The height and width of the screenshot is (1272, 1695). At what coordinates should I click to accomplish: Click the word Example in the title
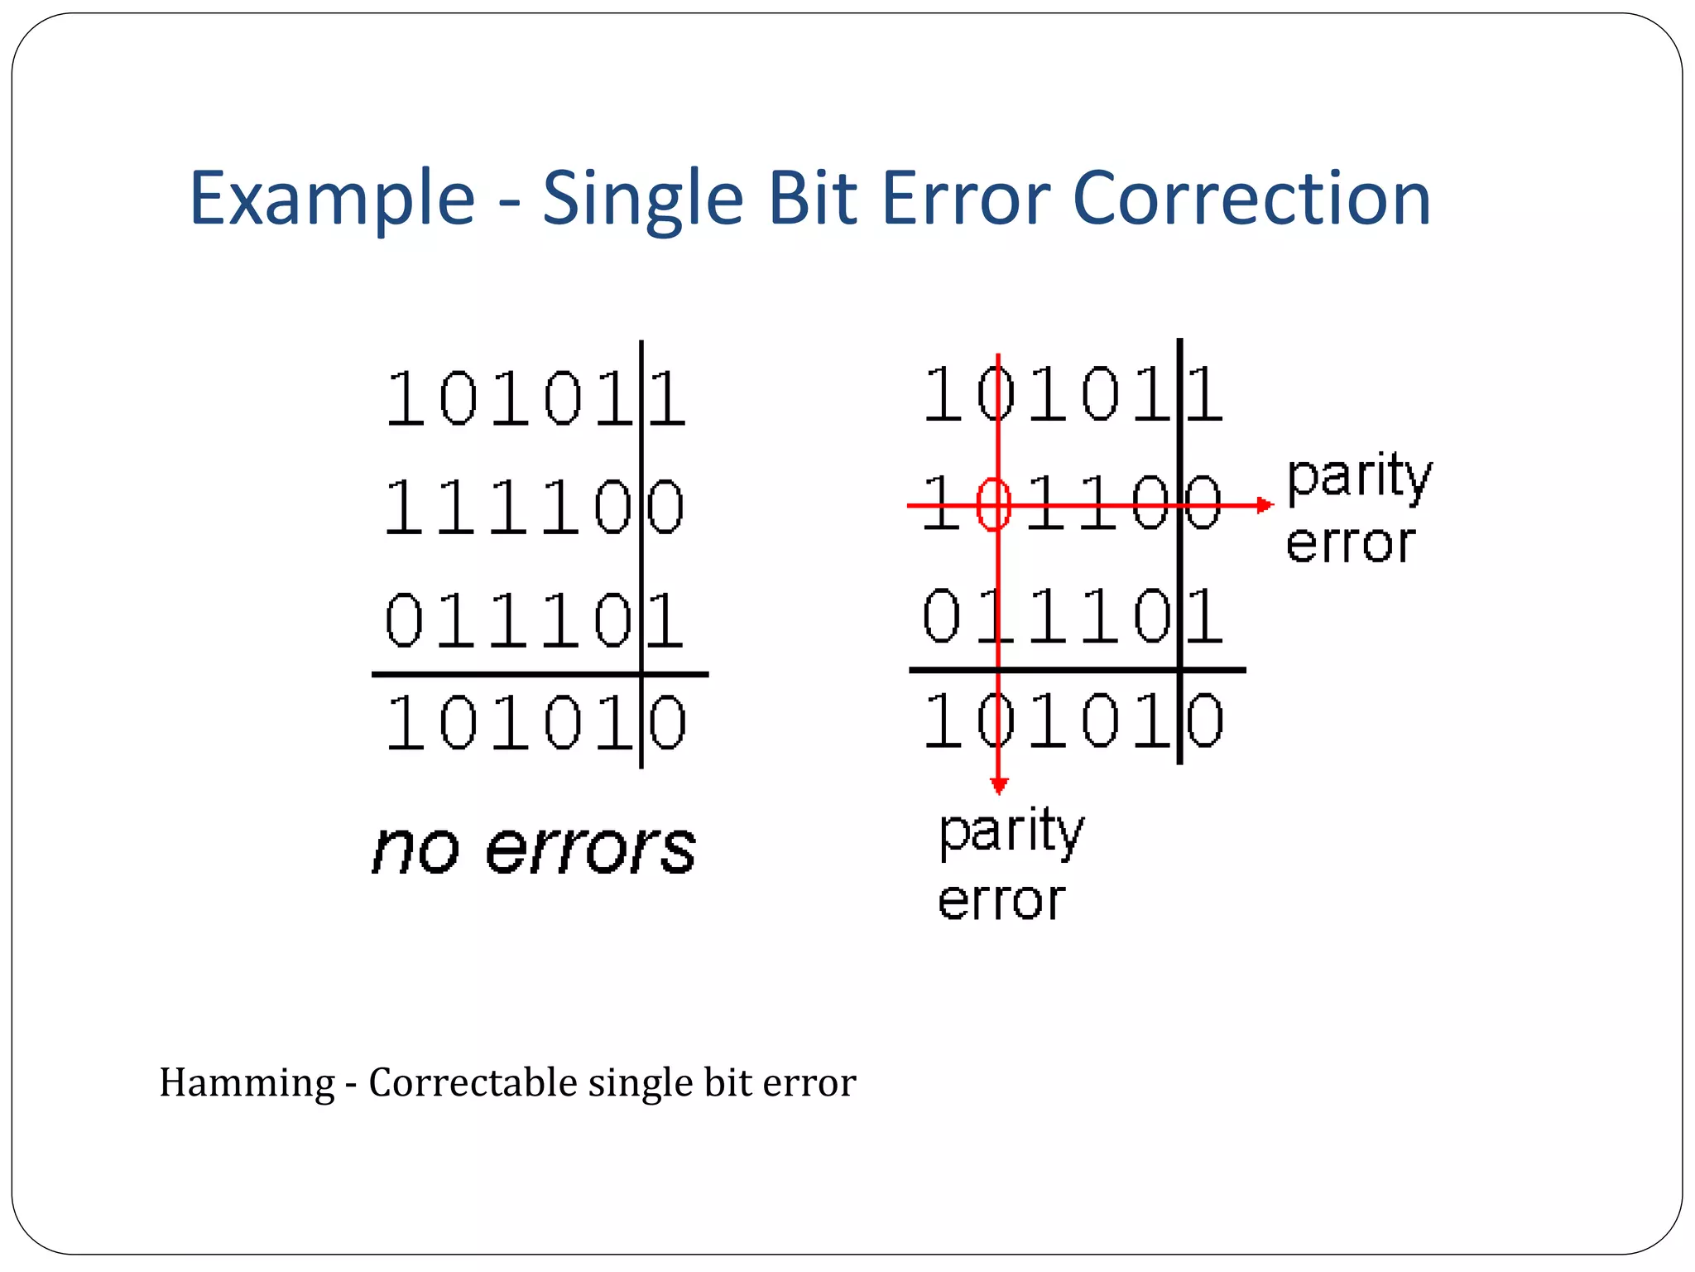tap(332, 199)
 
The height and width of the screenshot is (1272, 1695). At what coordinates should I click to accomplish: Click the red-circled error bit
tap(994, 503)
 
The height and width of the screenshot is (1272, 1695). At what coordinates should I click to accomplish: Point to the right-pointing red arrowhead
tap(1265, 504)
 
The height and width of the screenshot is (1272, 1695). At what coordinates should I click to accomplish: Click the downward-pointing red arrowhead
tap(999, 784)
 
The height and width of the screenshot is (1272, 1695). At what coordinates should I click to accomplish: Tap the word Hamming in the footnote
tap(247, 1083)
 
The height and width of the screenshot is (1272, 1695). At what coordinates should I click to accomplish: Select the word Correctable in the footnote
tap(473, 1082)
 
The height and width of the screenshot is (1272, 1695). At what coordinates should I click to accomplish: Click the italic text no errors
tap(534, 850)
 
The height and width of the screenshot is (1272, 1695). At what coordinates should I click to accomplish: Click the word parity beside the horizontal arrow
tap(1359, 477)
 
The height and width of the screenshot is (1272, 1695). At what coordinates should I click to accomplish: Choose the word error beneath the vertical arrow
tap(1001, 901)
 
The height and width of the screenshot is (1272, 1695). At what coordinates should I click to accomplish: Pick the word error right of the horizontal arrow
tap(1351, 544)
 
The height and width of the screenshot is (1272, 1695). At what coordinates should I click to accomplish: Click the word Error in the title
tap(965, 199)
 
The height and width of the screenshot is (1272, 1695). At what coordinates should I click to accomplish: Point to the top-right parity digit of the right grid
tap(1205, 394)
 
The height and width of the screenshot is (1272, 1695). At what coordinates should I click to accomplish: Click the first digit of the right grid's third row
tap(942, 616)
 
